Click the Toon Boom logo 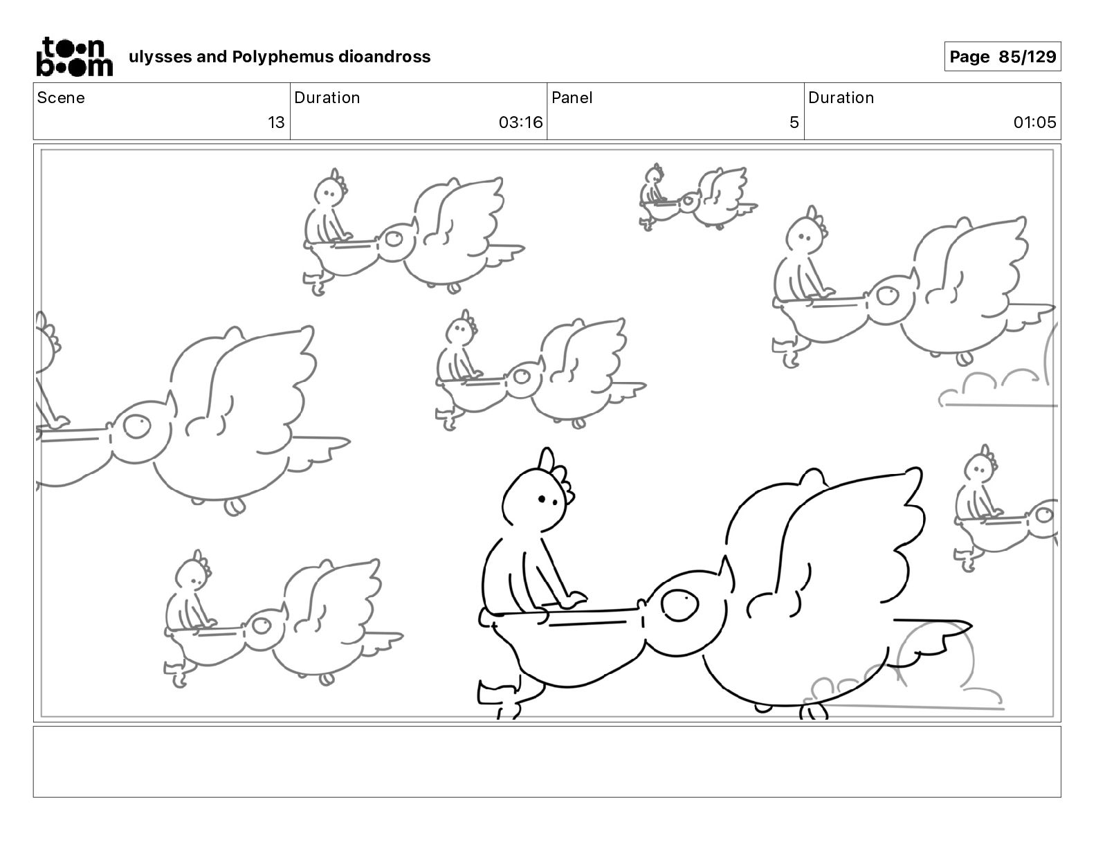75,57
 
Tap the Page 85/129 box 1002,57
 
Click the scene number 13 276,122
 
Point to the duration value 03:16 520,122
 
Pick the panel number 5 794,122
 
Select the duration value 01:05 1034,122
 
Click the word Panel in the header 572,98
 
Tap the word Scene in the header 61,98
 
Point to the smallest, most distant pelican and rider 697,197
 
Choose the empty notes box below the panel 547,762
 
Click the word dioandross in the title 384,57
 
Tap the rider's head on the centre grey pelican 460,329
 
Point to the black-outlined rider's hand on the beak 572,600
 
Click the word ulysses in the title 161,57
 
